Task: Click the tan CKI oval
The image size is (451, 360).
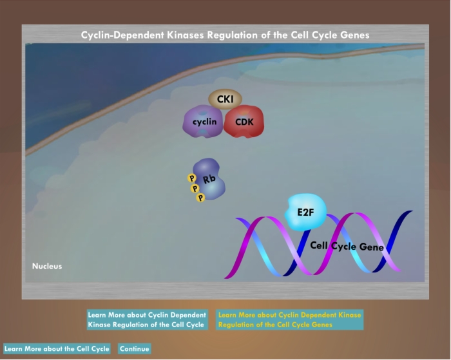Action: point(225,99)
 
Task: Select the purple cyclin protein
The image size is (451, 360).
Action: point(203,121)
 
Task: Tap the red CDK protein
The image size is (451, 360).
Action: point(244,121)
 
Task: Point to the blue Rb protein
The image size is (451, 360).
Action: point(209,179)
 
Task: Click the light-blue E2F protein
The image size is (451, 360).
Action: point(305,213)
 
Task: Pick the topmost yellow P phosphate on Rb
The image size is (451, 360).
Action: point(191,178)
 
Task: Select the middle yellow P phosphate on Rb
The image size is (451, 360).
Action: point(195,189)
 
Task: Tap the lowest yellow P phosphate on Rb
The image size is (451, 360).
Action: point(200,198)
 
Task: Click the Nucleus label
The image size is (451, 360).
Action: point(47,266)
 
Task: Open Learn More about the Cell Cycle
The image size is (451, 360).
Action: point(57,349)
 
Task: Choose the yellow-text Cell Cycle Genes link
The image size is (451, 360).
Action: point(290,319)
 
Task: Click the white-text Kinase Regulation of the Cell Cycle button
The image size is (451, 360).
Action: point(148,319)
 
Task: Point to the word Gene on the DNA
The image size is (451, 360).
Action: point(371,247)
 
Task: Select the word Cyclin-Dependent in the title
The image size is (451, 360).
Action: point(122,35)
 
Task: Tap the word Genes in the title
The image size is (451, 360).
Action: point(354,35)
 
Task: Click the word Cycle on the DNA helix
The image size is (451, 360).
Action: point(343,246)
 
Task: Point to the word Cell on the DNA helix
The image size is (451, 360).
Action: point(319,245)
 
